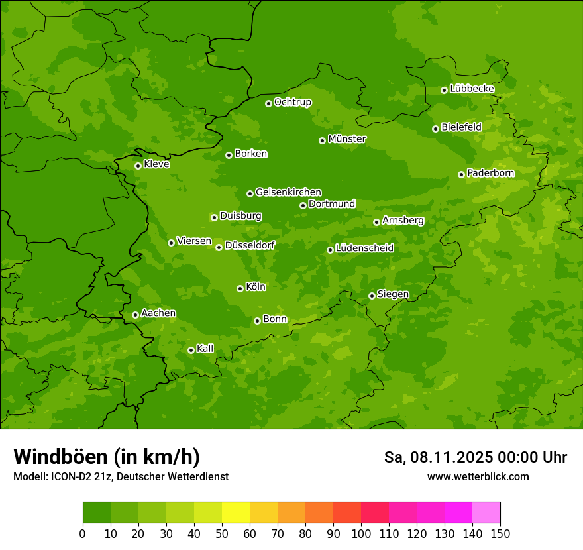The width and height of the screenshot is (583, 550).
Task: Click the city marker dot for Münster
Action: coord(323,140)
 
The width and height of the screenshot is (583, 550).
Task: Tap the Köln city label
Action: coord(256,287)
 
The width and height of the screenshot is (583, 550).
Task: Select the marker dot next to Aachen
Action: coord(135,315)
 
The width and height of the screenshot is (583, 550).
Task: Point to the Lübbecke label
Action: coord(472,89)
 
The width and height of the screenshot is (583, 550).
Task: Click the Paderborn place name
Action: coord(490,173)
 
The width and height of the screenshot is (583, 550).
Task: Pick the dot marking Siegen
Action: coord(372,296)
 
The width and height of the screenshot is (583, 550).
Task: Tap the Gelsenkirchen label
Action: coord(288,192)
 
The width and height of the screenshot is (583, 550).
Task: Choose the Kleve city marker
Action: coord(138,166)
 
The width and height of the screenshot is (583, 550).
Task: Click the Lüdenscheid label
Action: coord(364,248)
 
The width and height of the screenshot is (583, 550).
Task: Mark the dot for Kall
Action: coord(191,350)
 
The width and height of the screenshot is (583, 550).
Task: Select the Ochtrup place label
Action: coord(292,102)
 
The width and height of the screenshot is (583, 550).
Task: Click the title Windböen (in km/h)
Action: coord(107,457)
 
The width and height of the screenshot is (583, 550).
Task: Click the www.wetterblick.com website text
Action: coord(478,476)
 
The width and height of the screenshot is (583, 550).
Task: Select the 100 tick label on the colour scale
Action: coord(361,533)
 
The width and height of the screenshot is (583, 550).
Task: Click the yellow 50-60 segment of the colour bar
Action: coord(236,513)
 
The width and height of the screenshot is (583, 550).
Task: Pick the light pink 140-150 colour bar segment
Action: coord(486,513)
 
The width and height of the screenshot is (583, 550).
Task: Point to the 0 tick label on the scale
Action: coord(83,533)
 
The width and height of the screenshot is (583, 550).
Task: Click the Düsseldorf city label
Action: coord(250,245)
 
